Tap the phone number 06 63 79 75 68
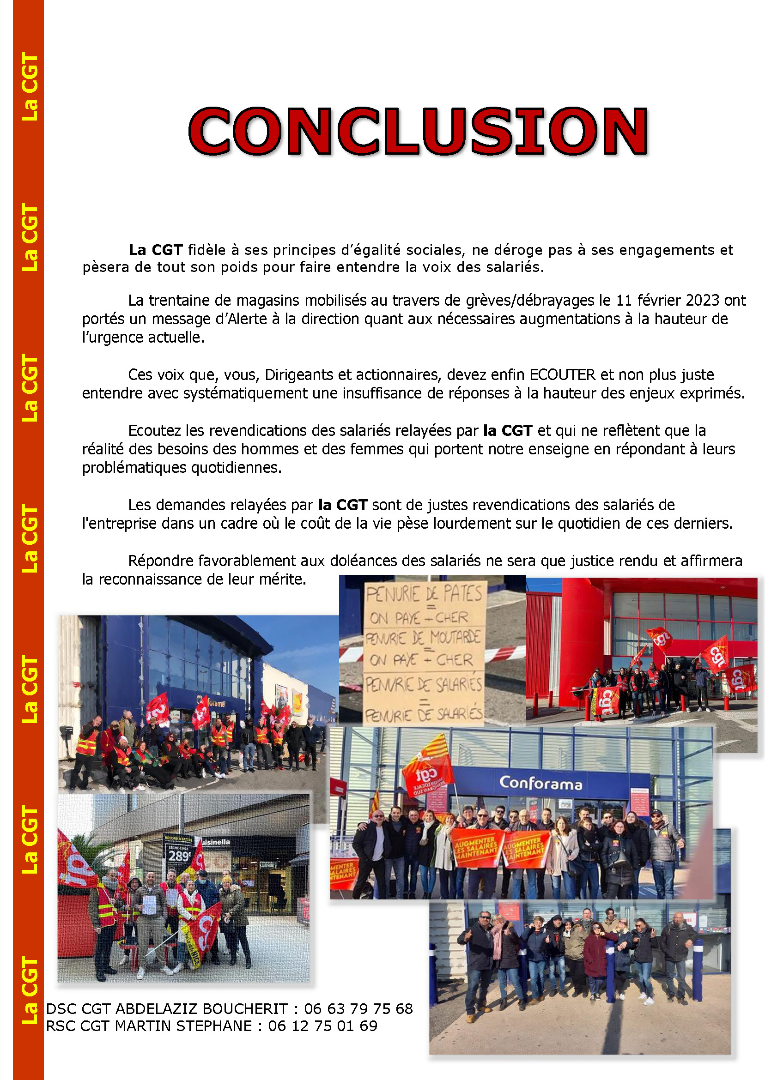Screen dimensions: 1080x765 click(358, 1008)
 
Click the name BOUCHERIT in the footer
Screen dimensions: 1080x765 click(245, 1008)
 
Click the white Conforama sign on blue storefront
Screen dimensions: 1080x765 click(540, 783)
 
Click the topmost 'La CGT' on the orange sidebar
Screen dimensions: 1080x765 click(30, 88)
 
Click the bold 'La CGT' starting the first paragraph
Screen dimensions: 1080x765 click(156, 250)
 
